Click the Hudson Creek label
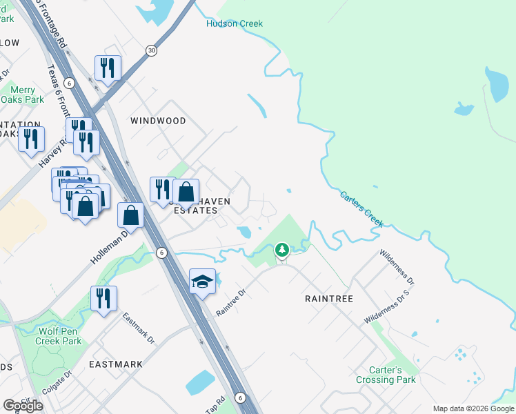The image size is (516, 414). pos(235,23)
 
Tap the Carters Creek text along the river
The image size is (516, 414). pos(361,209)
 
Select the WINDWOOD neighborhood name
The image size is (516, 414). pos(158,121)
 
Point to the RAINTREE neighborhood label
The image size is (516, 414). pos(329,299)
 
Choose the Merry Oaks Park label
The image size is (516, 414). pos(28,95)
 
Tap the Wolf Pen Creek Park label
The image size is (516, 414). pos(59,336)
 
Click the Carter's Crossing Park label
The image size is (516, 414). pos(386,375)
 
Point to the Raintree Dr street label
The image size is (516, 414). pos(230,302)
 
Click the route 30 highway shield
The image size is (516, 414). pos(151,50)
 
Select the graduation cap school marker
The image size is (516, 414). pos(201,282)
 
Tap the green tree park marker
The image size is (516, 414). pos(281,249)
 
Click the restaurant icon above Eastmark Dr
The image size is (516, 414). pos(103,298)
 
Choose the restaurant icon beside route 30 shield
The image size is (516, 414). pos(108,68)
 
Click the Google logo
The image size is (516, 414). pos(23,405)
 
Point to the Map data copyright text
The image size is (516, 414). pos(473,408)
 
